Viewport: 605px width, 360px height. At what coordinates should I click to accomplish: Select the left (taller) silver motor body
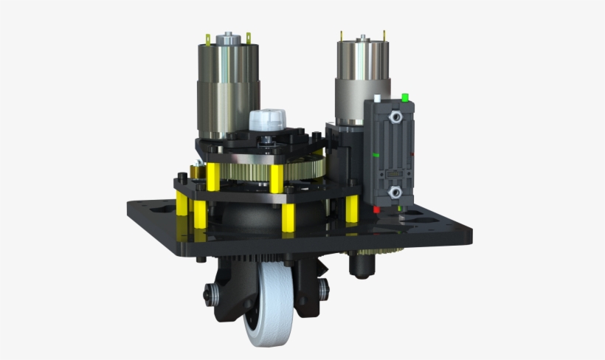(x=227, y=89)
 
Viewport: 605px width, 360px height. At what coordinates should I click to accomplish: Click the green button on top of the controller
(x=404, y=97)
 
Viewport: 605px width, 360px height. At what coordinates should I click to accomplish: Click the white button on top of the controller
(x=377, y=98)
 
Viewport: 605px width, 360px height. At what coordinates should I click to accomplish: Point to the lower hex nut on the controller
(x=395, y=193)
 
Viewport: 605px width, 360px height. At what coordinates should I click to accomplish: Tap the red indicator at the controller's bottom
(x=376, y=210)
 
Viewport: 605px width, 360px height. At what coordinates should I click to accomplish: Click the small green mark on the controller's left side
(x=377, y=155)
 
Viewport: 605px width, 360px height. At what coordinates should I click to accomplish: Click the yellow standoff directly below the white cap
(x=276, y=178)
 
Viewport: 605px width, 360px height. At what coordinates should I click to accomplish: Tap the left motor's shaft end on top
(x=227, y=35)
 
